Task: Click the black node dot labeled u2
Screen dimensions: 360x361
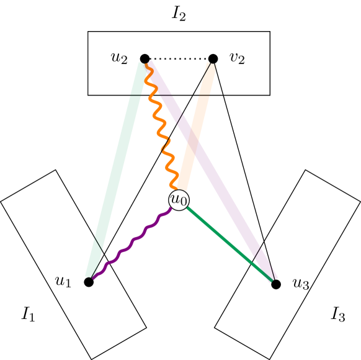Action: pyautogui.click(x=145, y=59)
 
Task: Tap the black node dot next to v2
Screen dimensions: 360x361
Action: pyautogui.click(x=213, y=59)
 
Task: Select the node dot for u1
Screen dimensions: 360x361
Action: pyautogui.click(x=89, y=282)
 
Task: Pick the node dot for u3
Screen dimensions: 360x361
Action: pyautogui.click(x=276, y=284)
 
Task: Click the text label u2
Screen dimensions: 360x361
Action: pyautogui.click(x=119, y=58)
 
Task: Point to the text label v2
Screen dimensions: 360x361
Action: pyautogui.click(x=237, y=58)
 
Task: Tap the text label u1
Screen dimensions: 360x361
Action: pyautogui.click(x=63, y=281)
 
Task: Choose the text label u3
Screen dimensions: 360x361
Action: pyautogui.click(x=301, y=284)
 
